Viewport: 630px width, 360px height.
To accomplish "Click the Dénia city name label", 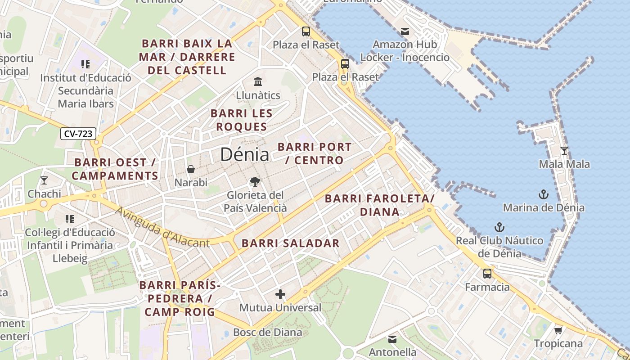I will click(244, 154).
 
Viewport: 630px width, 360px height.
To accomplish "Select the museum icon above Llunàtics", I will click(258, 81).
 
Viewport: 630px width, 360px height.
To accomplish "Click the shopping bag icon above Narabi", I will click(191, 169).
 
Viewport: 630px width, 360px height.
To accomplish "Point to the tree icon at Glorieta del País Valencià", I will click(255, 182).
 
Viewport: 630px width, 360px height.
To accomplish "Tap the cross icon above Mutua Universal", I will click(280, 294).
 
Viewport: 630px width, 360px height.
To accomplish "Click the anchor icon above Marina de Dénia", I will click(544, 194).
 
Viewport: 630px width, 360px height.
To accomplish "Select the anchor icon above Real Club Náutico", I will click(499, 227).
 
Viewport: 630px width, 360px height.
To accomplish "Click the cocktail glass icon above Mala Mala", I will click(564, 151).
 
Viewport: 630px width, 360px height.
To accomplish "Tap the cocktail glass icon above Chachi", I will click(44, 180).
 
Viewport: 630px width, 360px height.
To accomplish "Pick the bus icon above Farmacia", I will click(487, 274).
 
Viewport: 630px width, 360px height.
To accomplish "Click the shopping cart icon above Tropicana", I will click(558, 330).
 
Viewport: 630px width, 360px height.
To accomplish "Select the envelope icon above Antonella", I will click(392, 339).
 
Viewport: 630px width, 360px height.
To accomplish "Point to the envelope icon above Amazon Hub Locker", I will click(405, 31).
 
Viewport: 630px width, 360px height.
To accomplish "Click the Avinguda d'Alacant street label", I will click(162, 228).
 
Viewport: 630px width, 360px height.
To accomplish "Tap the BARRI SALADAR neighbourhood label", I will click(290, 243).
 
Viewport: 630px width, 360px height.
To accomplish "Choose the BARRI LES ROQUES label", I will click(241, 120).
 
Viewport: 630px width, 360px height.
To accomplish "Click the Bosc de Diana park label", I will click(267, 333).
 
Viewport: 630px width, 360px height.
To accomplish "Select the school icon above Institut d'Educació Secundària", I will click(85, 64).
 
